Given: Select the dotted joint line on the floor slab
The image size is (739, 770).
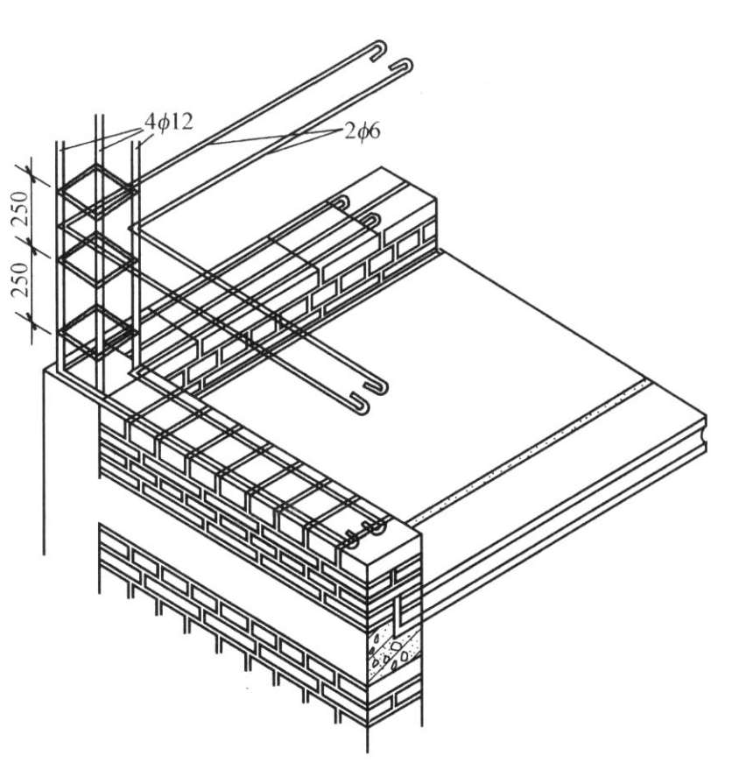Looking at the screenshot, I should tap(525, 451).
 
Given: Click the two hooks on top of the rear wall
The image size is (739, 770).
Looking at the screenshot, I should tap(359, 210).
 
